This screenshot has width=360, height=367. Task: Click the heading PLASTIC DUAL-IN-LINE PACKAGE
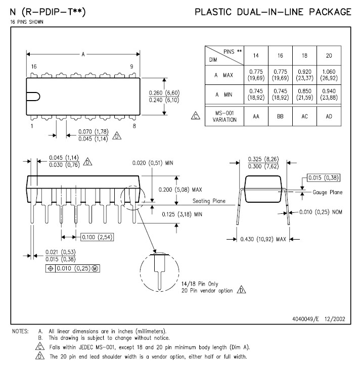tap(273, 12)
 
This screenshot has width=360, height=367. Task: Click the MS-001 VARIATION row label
tap(224, 117)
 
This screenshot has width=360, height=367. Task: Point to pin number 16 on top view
tap(33, 66)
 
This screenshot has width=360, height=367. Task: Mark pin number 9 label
tap(131, 66)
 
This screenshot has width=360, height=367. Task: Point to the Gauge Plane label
tap(327, 192)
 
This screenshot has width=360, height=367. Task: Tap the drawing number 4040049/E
tap(308, 319)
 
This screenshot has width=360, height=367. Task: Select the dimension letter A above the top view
tap(82, 54)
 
